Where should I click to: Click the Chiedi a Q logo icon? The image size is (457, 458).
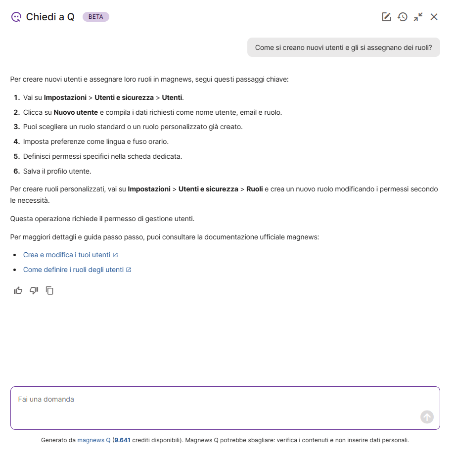[16, 17]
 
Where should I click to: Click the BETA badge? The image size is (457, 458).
[96, 17]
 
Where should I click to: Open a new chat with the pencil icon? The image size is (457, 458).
[386, 17]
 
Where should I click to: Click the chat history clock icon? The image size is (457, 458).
[402, 17]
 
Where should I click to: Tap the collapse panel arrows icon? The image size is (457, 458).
[418, 17]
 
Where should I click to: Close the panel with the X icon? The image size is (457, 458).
[434, 17]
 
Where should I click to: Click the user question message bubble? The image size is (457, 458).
[343, 47]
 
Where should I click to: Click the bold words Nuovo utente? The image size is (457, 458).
[76, 112]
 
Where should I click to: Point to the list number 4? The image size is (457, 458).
[16, 141]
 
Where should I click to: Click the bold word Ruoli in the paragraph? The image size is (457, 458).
[254, 189]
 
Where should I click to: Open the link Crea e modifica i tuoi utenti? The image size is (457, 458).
[67, 255]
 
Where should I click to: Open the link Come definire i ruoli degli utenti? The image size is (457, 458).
[73, 270]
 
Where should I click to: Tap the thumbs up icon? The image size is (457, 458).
[18, 290]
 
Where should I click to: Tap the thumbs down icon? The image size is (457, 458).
[34, 290]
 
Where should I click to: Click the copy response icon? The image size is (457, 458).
[49, 290]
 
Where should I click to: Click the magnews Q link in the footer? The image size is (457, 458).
[94, 440]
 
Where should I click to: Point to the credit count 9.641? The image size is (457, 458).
[122, 440]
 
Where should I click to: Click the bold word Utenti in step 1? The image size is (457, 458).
[172, 97]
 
